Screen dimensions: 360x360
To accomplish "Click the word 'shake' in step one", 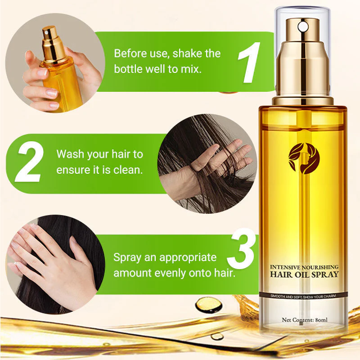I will (x=188, y=54).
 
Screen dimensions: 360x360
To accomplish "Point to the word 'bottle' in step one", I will (x=128, y=70).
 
